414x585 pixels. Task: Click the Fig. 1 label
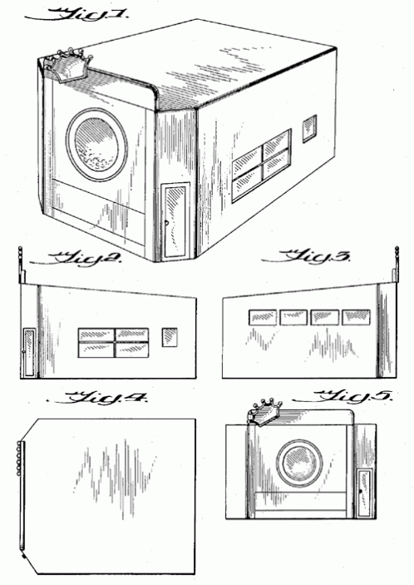pyautogui.click(x=77, y=15)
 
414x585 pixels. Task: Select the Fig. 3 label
pyautogui.click(x=306, y=256)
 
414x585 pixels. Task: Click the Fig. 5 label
pyautogui.click(x=342, y=397)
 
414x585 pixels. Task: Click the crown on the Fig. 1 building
pyautogui.click(x=68, y=65)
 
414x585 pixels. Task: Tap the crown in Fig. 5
pyautogui.click(x=264, y=412)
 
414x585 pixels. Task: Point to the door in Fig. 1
pyautogui.click(x=176, y=221)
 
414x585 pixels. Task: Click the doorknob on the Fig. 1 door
pyautogui.click(x=166, y=223)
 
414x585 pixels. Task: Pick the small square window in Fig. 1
pyautogui.click(x=309, y=129)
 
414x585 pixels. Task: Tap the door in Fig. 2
pyautogui.click(x=29, y=353)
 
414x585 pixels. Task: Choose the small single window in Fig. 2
pyautogui.click(x=170, y=337)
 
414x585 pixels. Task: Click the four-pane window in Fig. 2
pyautogui.click(x=113, y=343)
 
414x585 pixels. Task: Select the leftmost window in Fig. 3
pyautogui.click(x=263, y=317)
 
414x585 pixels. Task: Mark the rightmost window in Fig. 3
pyautogui.click(x=357, y=317)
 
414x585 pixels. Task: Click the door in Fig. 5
pyautogui.click(x=363, y=493)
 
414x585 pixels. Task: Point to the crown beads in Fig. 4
pyautogui.click(x=18, y=459)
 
